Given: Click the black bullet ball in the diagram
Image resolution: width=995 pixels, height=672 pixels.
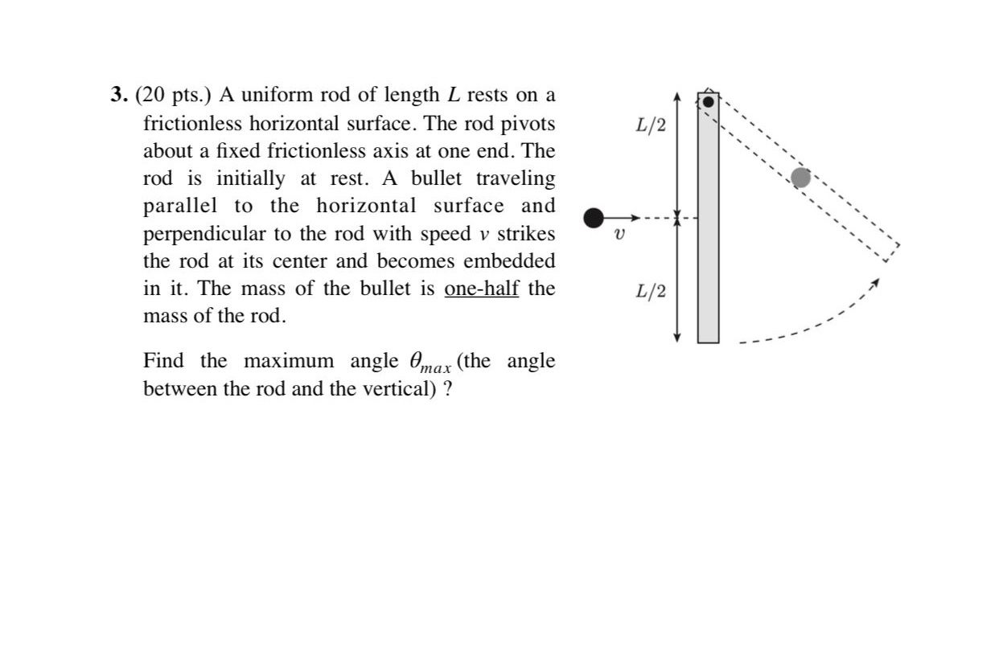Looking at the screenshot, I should pos(594,217).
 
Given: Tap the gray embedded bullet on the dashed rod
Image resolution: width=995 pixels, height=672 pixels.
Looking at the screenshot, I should pos(800,178).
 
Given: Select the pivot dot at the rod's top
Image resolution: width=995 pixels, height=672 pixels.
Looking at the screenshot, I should pos(708,102).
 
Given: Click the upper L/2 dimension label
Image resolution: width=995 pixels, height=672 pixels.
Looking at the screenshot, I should pos(651,125).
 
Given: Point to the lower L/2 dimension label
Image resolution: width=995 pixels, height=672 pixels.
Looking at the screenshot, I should pos(651,291).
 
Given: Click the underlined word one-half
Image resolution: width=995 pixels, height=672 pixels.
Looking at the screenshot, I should pos(481,289).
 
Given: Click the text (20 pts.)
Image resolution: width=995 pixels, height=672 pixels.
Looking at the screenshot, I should pos(173,96).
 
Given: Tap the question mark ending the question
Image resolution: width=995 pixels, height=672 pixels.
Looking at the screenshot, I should pos(447,389).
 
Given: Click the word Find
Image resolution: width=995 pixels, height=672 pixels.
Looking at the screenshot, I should pos(162,361).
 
